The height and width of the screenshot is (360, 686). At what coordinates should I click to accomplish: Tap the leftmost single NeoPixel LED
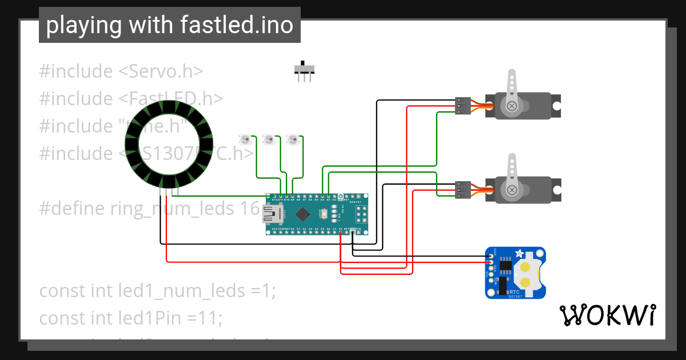pyautogui.click(x=245, y=139)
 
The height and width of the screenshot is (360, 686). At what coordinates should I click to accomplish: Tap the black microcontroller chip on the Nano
pyautogui.click(x=302, y=214)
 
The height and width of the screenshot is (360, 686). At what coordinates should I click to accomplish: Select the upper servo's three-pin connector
pyautogui.click(x=463, y=106)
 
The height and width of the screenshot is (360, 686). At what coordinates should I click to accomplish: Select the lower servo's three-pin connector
pyautogui.click(x=463, y=189)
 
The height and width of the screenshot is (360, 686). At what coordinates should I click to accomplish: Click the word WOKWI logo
pyautogui.click(x=607, y=315)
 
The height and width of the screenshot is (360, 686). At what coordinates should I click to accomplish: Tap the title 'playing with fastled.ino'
pyautogui.click(x=169, y=25)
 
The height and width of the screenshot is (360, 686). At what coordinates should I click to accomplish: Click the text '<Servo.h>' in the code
pyautogui.click(x=161, y=71)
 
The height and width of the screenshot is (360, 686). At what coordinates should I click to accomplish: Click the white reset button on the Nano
pyautogui.click(x=324, y=214)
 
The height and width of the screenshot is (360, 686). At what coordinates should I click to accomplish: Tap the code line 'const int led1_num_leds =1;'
pyautogui.click(x=158, y=290)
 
